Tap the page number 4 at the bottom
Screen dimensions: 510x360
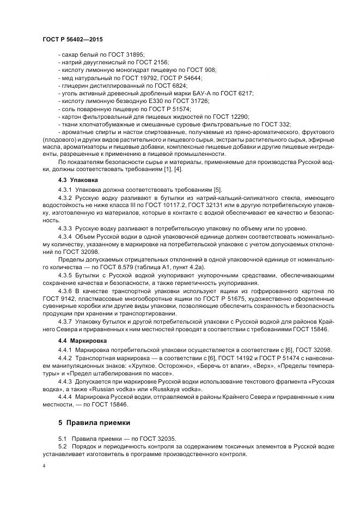[x=44, y=466]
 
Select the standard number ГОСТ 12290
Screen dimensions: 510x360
[x=232, y=117]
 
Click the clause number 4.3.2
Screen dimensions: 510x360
[x=65, y=197]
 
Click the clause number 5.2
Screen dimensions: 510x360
[x=62, y=446]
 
